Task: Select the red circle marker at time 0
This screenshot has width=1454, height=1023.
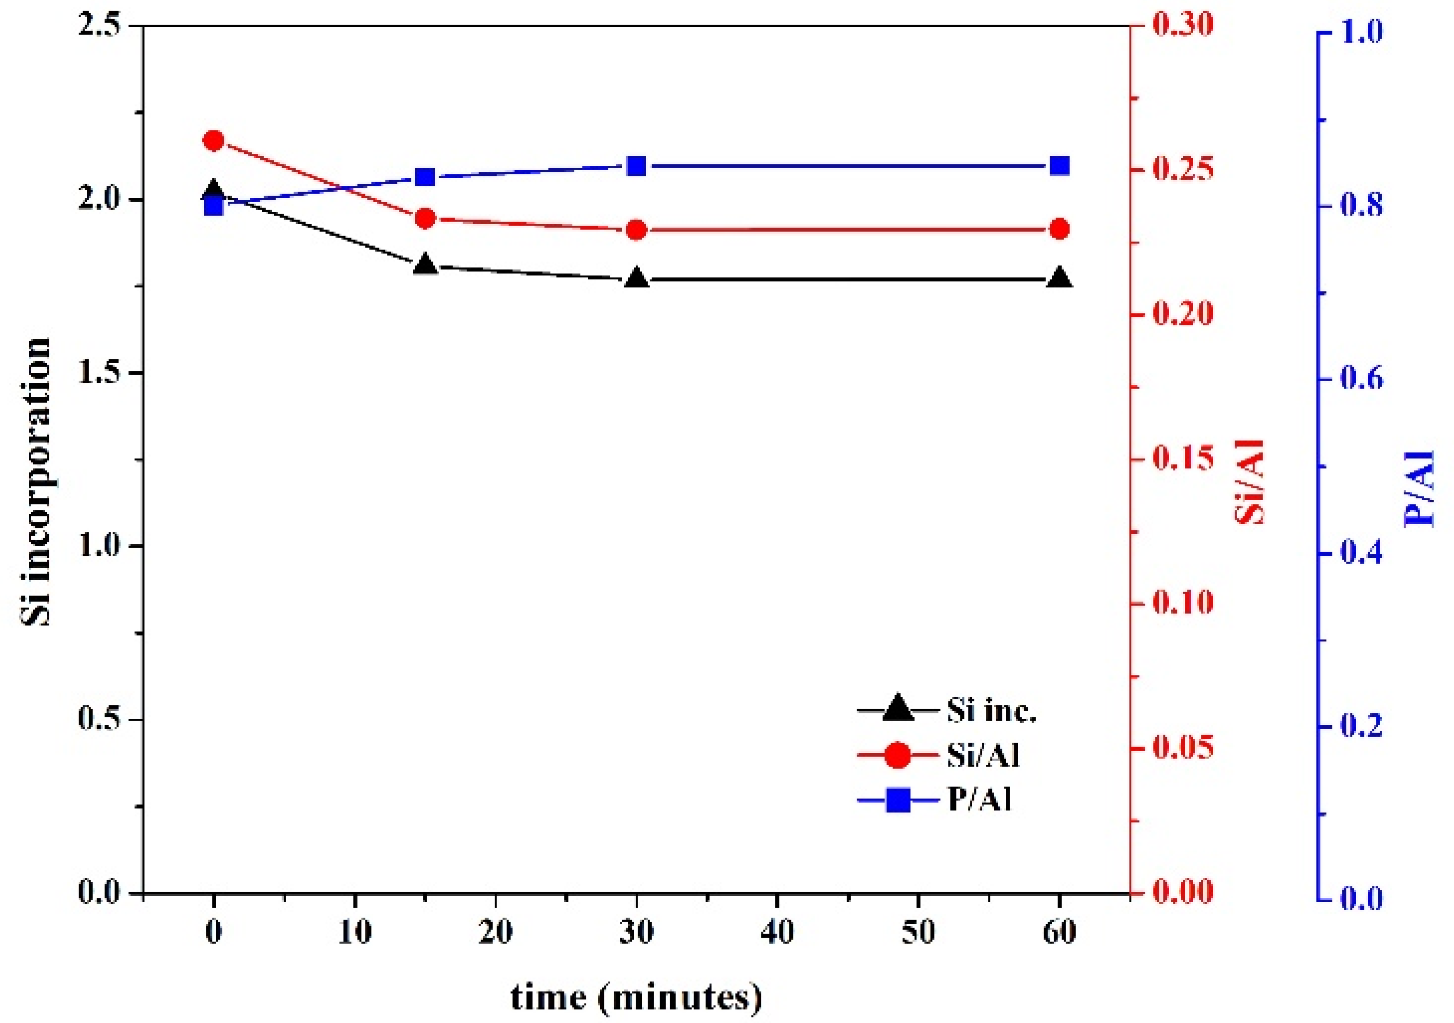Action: click(214, 140)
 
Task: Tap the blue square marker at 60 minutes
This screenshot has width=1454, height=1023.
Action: click(1059, 166)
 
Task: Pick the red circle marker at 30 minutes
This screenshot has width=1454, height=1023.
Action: click(637, 230)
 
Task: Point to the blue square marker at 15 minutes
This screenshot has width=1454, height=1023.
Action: click(426, 177)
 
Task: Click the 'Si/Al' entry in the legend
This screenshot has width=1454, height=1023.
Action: click(983, 756)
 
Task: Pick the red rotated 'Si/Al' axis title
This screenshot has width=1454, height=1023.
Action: click(1249, 483)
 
